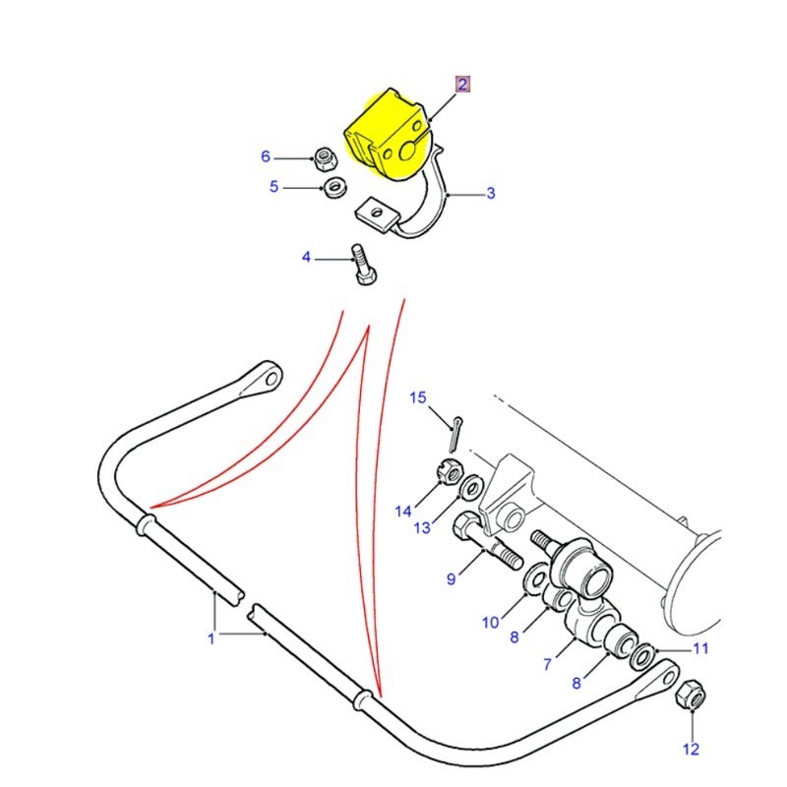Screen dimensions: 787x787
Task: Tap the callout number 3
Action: coord(490,193)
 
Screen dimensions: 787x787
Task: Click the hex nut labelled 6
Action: coord(323,156)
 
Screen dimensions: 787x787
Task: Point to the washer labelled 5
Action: coord(333,185)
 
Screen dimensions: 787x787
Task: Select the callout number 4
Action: coord(306,258)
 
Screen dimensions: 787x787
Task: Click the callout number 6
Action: coord(265,156)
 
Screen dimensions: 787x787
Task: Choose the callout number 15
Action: coord(418,398)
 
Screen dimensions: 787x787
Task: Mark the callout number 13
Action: coord(422,528)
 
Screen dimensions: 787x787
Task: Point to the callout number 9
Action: coord(452,579)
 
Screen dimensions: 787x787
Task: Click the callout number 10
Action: coord(491,621)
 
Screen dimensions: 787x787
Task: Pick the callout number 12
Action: coord(692,750)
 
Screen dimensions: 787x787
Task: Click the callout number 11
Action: coord(700,648)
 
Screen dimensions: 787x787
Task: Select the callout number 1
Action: coord(211,639)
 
